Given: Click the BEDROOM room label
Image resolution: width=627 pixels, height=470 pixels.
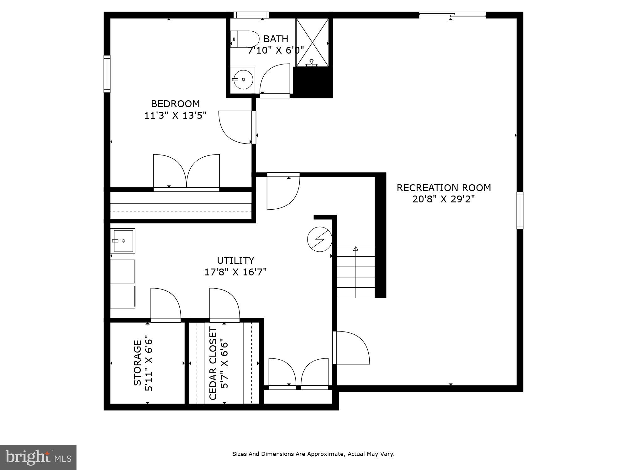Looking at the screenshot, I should click(175, 104).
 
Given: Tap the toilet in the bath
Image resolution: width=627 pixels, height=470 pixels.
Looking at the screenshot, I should click(245, 39).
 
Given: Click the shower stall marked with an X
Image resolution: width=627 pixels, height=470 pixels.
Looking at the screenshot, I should click(312, 42).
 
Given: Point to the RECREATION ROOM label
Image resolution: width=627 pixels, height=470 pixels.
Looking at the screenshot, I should click(444, 188).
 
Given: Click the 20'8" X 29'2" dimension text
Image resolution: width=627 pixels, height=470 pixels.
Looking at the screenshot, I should click(444, 199).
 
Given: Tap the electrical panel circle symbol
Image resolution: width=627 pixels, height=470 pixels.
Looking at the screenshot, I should click(319, 239).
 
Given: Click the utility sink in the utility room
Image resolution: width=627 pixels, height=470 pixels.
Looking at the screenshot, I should click(123, 241).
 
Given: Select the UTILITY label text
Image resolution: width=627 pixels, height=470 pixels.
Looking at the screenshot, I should click(235, 260).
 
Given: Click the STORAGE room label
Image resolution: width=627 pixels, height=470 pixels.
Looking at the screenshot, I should click(137, 363).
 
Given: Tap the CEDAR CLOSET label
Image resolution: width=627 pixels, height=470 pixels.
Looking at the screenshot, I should click(213, 363).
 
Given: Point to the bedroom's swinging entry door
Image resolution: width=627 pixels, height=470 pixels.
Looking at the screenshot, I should click(235, 128).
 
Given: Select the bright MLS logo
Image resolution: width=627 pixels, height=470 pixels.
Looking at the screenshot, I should click(38, 457).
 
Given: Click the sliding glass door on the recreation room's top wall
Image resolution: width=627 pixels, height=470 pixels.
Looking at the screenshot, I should click(452, 14).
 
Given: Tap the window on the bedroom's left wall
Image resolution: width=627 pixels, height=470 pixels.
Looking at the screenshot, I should click(107, 74).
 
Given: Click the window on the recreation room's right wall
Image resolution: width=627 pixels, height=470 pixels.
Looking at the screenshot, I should click(519, 211).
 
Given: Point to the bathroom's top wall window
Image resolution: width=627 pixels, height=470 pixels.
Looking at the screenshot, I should click(251, 15).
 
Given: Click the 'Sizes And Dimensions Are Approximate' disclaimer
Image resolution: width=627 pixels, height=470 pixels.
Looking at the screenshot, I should click(313, 454).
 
